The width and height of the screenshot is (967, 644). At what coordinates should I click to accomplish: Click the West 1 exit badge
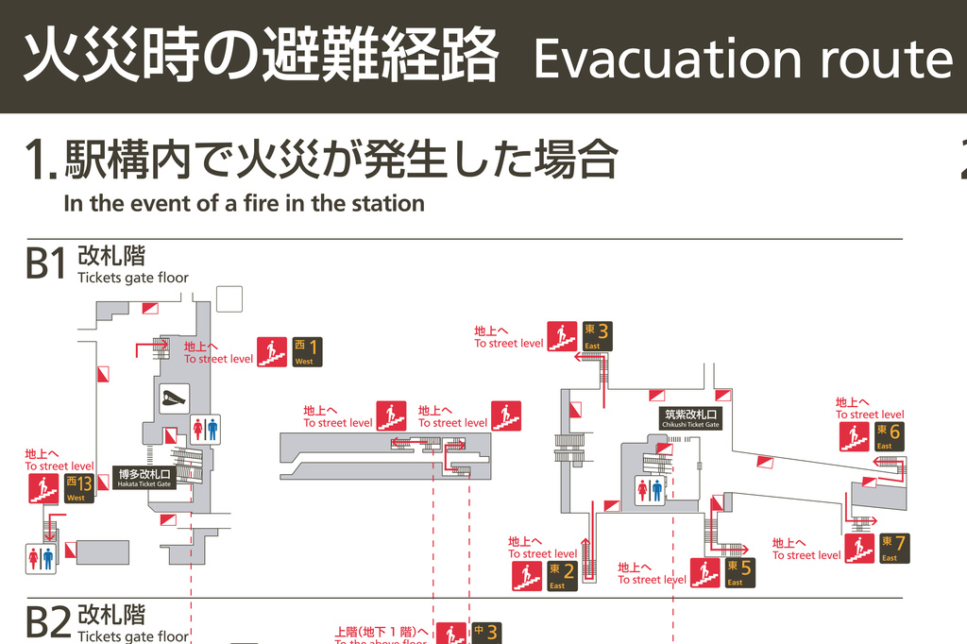tap(306, 352)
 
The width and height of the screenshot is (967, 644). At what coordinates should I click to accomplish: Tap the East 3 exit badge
tap(597, 336)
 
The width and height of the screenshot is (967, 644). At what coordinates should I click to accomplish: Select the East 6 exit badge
tap(889, 436)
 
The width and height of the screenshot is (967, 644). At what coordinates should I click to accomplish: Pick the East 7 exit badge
tap(893, 548)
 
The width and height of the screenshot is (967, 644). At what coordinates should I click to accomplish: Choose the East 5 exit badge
tap(739, 572)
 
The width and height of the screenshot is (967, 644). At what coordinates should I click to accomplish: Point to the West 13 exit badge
tap(79, 488)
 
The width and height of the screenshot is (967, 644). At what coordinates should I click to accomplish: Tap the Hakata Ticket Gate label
tap(144, 478)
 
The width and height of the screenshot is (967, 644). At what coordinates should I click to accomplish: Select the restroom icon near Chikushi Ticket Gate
tap(650, 490)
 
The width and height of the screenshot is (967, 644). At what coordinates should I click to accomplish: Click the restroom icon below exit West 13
tap(41, 558)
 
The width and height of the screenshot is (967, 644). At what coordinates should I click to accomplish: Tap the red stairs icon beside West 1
tap(272, 352)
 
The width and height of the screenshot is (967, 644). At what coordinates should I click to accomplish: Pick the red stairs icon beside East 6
tap(855, 436)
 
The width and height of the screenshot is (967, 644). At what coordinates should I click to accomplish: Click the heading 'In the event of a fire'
tap(244, 202)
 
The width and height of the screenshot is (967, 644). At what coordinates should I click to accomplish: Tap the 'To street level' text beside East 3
tap(509, 343)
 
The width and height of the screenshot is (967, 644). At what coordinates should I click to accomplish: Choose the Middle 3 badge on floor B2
tap(485, 633)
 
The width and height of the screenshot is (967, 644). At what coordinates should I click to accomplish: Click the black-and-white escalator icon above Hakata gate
tap(174, 398)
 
